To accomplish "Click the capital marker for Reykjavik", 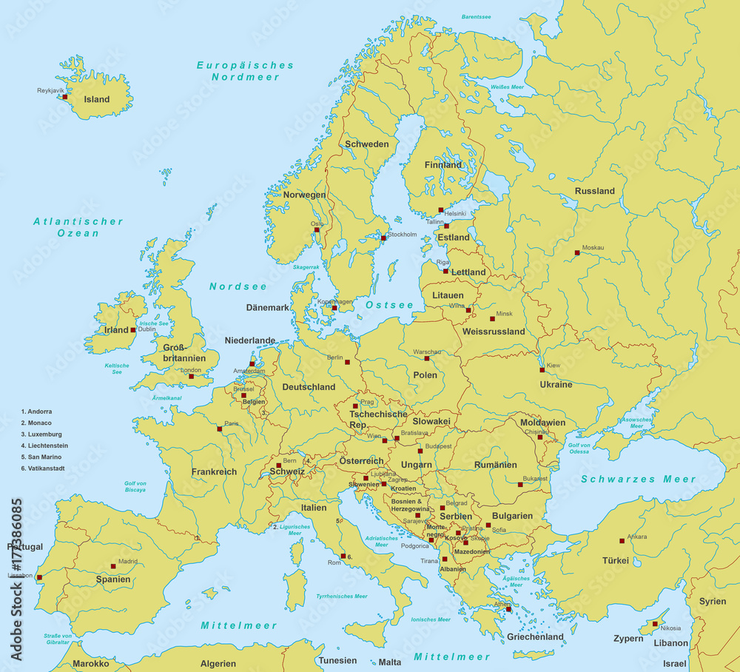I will tap(65, 96).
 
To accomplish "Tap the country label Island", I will tap(96, 99).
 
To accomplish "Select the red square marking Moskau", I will tap(577, 253).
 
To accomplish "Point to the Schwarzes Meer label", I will tap(638, 479).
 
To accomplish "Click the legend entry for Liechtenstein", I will tap(44, 446).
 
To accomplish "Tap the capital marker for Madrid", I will tap(113, 566).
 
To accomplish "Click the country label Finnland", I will tap(443, 165).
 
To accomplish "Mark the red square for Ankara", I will tap(622, 541).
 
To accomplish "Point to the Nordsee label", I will tap(238, 286).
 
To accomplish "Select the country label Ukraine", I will tap(556, 384).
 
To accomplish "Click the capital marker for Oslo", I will tap(317, 229).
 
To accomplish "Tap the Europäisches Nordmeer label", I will tap(245, 71).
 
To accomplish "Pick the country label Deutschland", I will tap(309, 386).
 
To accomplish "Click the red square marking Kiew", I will tap(542, 370).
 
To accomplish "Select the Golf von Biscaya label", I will tap(135, 486).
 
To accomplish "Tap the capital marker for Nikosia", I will tap(654, 624).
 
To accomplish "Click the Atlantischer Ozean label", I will tap(78, 227).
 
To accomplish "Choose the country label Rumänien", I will tap(496, 465).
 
